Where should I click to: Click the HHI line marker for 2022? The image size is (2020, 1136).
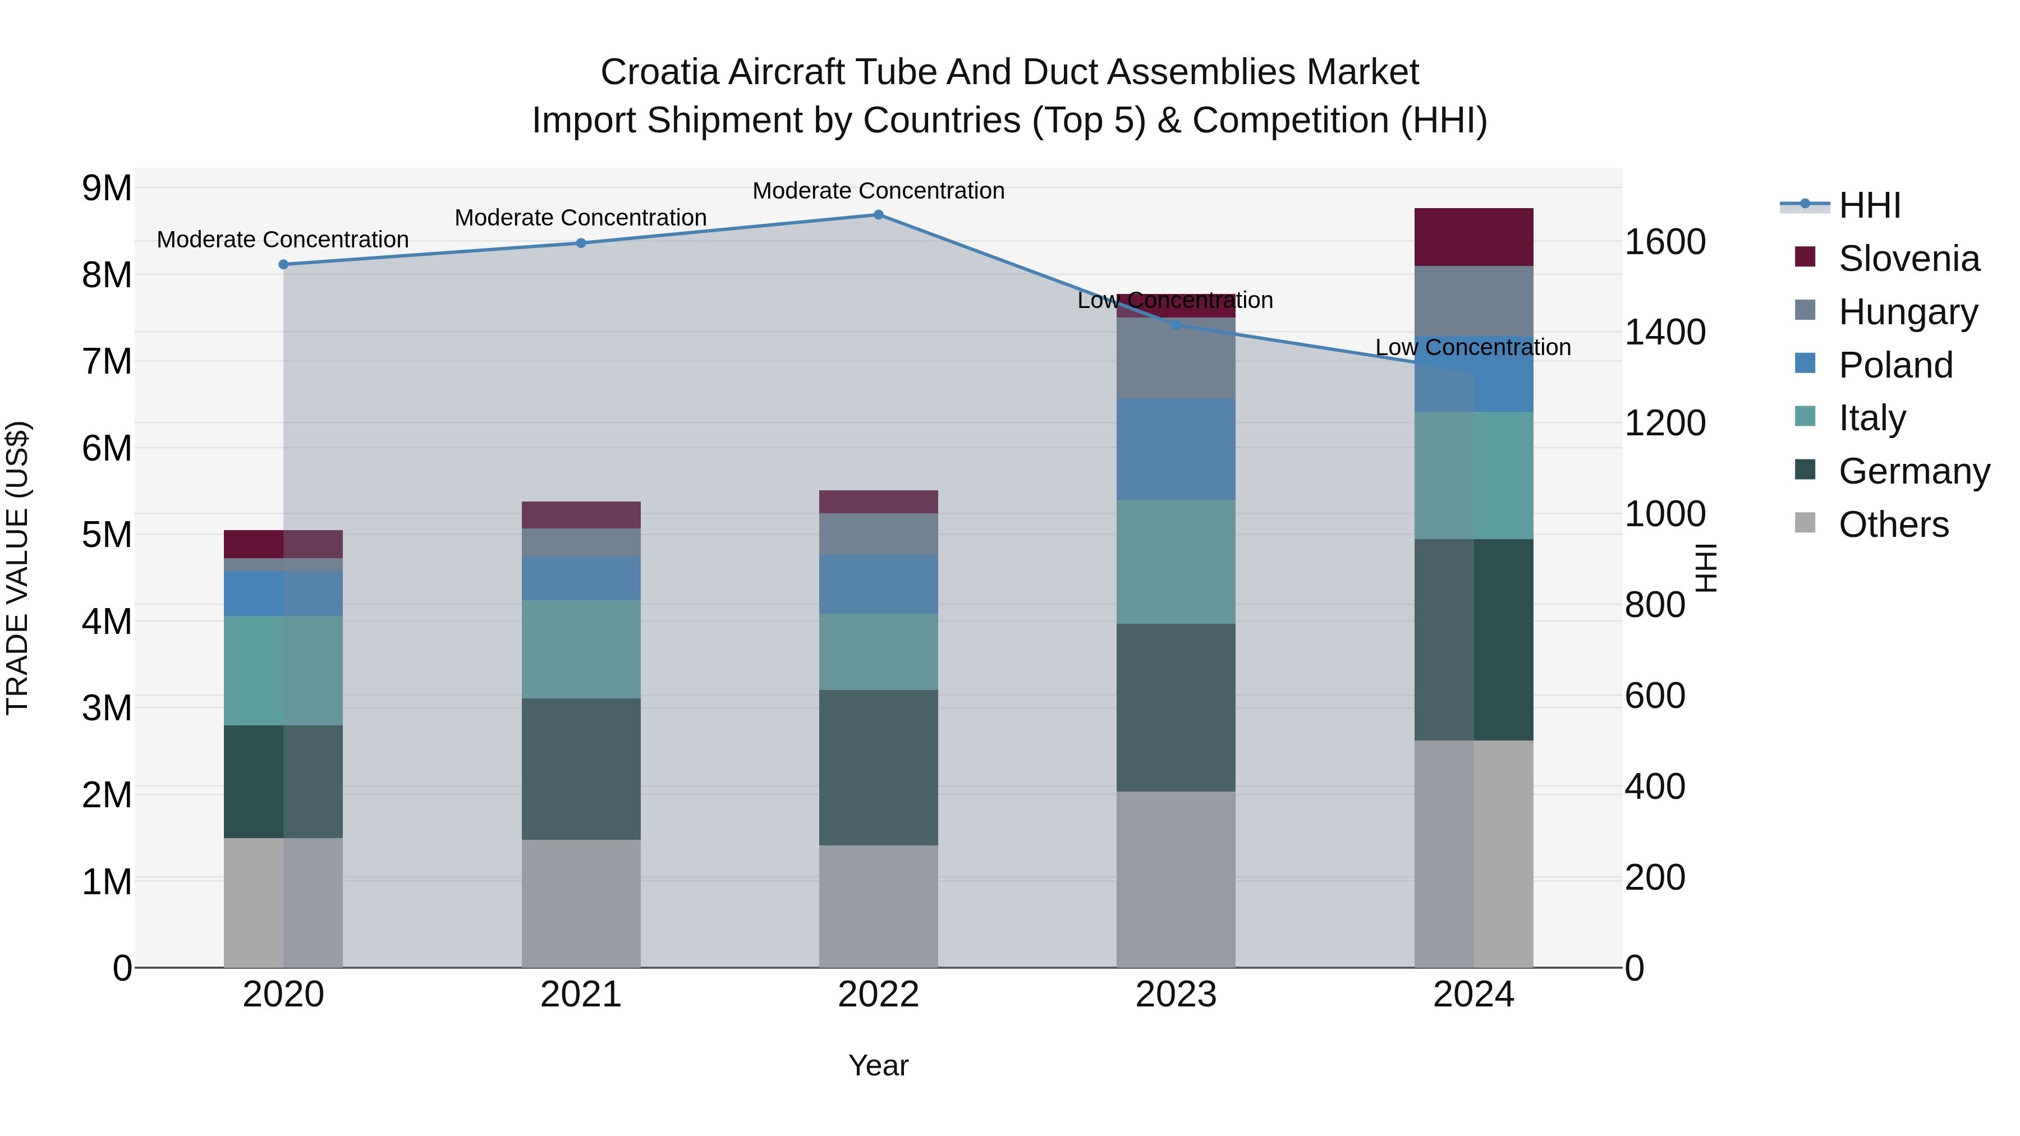[x=878, y=215]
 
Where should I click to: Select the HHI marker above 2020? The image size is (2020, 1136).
[x=284, y=265]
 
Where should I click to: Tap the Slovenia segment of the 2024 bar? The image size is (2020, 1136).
[x=1473, y=237]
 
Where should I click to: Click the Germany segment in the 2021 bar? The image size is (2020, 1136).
[x=581, y=769]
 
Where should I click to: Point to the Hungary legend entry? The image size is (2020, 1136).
[x=1908, y=312]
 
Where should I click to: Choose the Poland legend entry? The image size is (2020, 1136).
[x=1895, y=365]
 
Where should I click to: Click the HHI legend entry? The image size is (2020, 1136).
[x=1870, y=205]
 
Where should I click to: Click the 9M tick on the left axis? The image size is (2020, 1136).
[x=107, y=188]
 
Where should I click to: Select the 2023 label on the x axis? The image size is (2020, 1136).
[x=1176, y=995]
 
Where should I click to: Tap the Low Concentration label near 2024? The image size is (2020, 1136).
[x=1473, y=347]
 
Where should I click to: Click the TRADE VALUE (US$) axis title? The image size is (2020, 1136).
[x=17, y=568]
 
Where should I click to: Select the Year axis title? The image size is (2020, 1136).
[x=878, y=1065]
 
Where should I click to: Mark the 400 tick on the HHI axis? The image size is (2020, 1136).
[x=1655, y=787]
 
